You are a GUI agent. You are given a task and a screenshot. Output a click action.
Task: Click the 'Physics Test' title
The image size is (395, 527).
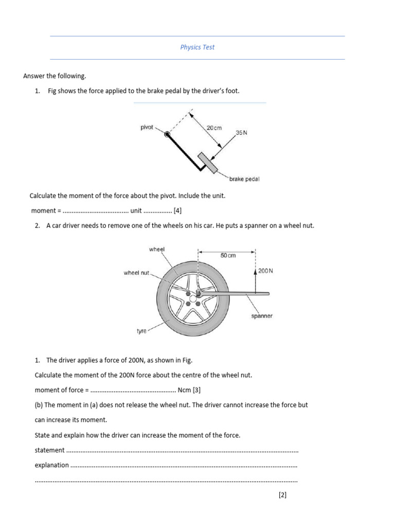pyautogui.click(x=197, y=47)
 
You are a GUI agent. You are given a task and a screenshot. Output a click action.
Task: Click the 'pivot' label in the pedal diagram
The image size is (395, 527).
pyautogui.click(x=147, y=127)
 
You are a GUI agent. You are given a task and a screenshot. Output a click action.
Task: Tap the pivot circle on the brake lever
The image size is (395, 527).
pyautogui.click(x=167, y=135)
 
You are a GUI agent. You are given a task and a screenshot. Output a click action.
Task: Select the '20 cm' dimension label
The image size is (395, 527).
pyautogui.click(x=214, y=128)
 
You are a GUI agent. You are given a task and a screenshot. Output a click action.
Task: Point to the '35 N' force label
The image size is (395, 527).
pyautogui.click(x=241, y=132)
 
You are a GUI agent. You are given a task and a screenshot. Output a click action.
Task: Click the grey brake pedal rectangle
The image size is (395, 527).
pyautogui.click(x=207, y=162)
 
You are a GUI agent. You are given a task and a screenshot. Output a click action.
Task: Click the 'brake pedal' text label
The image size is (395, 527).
pyautogui.click(x=244, y=179)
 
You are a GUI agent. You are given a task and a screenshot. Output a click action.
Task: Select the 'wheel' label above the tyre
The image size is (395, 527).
pyautogui.click(x=157, y=249)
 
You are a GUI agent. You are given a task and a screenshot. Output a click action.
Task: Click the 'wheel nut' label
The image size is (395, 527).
pyautogui.click(x=136, y=273)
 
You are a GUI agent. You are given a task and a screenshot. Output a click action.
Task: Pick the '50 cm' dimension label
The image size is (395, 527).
pyautogui.click(x=228, y=256)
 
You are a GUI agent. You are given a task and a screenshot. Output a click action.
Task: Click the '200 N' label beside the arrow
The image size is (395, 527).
pyautogui.click(x=265, y=271)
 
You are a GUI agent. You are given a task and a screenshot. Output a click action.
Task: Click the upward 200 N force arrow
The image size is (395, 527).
pyautogui.click(x=255, y=280)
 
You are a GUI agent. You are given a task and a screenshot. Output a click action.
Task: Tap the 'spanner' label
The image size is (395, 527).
pyautogui.click(x=262, y=316)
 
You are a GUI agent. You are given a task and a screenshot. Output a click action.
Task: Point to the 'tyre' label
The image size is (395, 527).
pyautogui.click(x=141, y=331)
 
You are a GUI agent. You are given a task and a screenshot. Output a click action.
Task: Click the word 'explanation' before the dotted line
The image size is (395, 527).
pyautogui.click(x=51, y=465)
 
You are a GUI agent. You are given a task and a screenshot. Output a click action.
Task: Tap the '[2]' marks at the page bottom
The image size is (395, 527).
pyautogui.click(x=282, y=495)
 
